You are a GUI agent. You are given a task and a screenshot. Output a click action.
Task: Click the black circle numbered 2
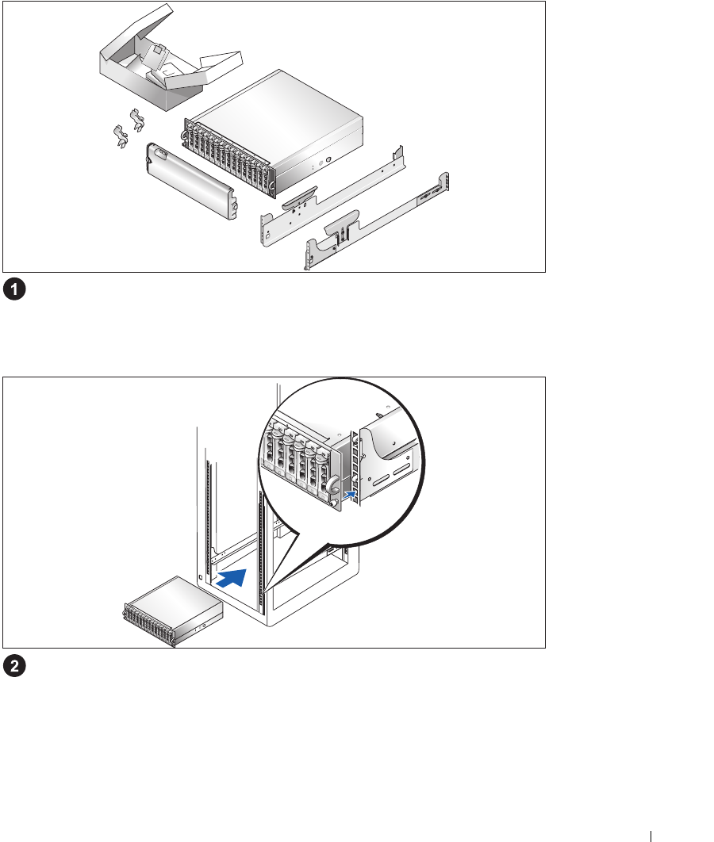pos(13,667)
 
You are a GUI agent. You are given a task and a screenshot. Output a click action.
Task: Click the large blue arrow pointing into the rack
pos(238,578)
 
